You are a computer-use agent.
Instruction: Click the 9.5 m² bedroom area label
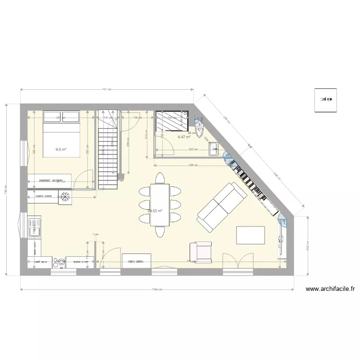coord(60,149)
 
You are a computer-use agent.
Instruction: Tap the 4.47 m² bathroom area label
coord(184,137)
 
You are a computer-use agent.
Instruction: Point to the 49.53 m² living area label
coord(155,211)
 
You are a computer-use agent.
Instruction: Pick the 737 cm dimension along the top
coord(107,89)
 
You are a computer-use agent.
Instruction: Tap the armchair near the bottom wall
coord(201,252)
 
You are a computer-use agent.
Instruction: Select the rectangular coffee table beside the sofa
coord(251,235)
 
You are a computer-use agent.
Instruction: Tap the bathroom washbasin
coord(213,148)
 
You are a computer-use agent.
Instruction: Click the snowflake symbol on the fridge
coord(65,196)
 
